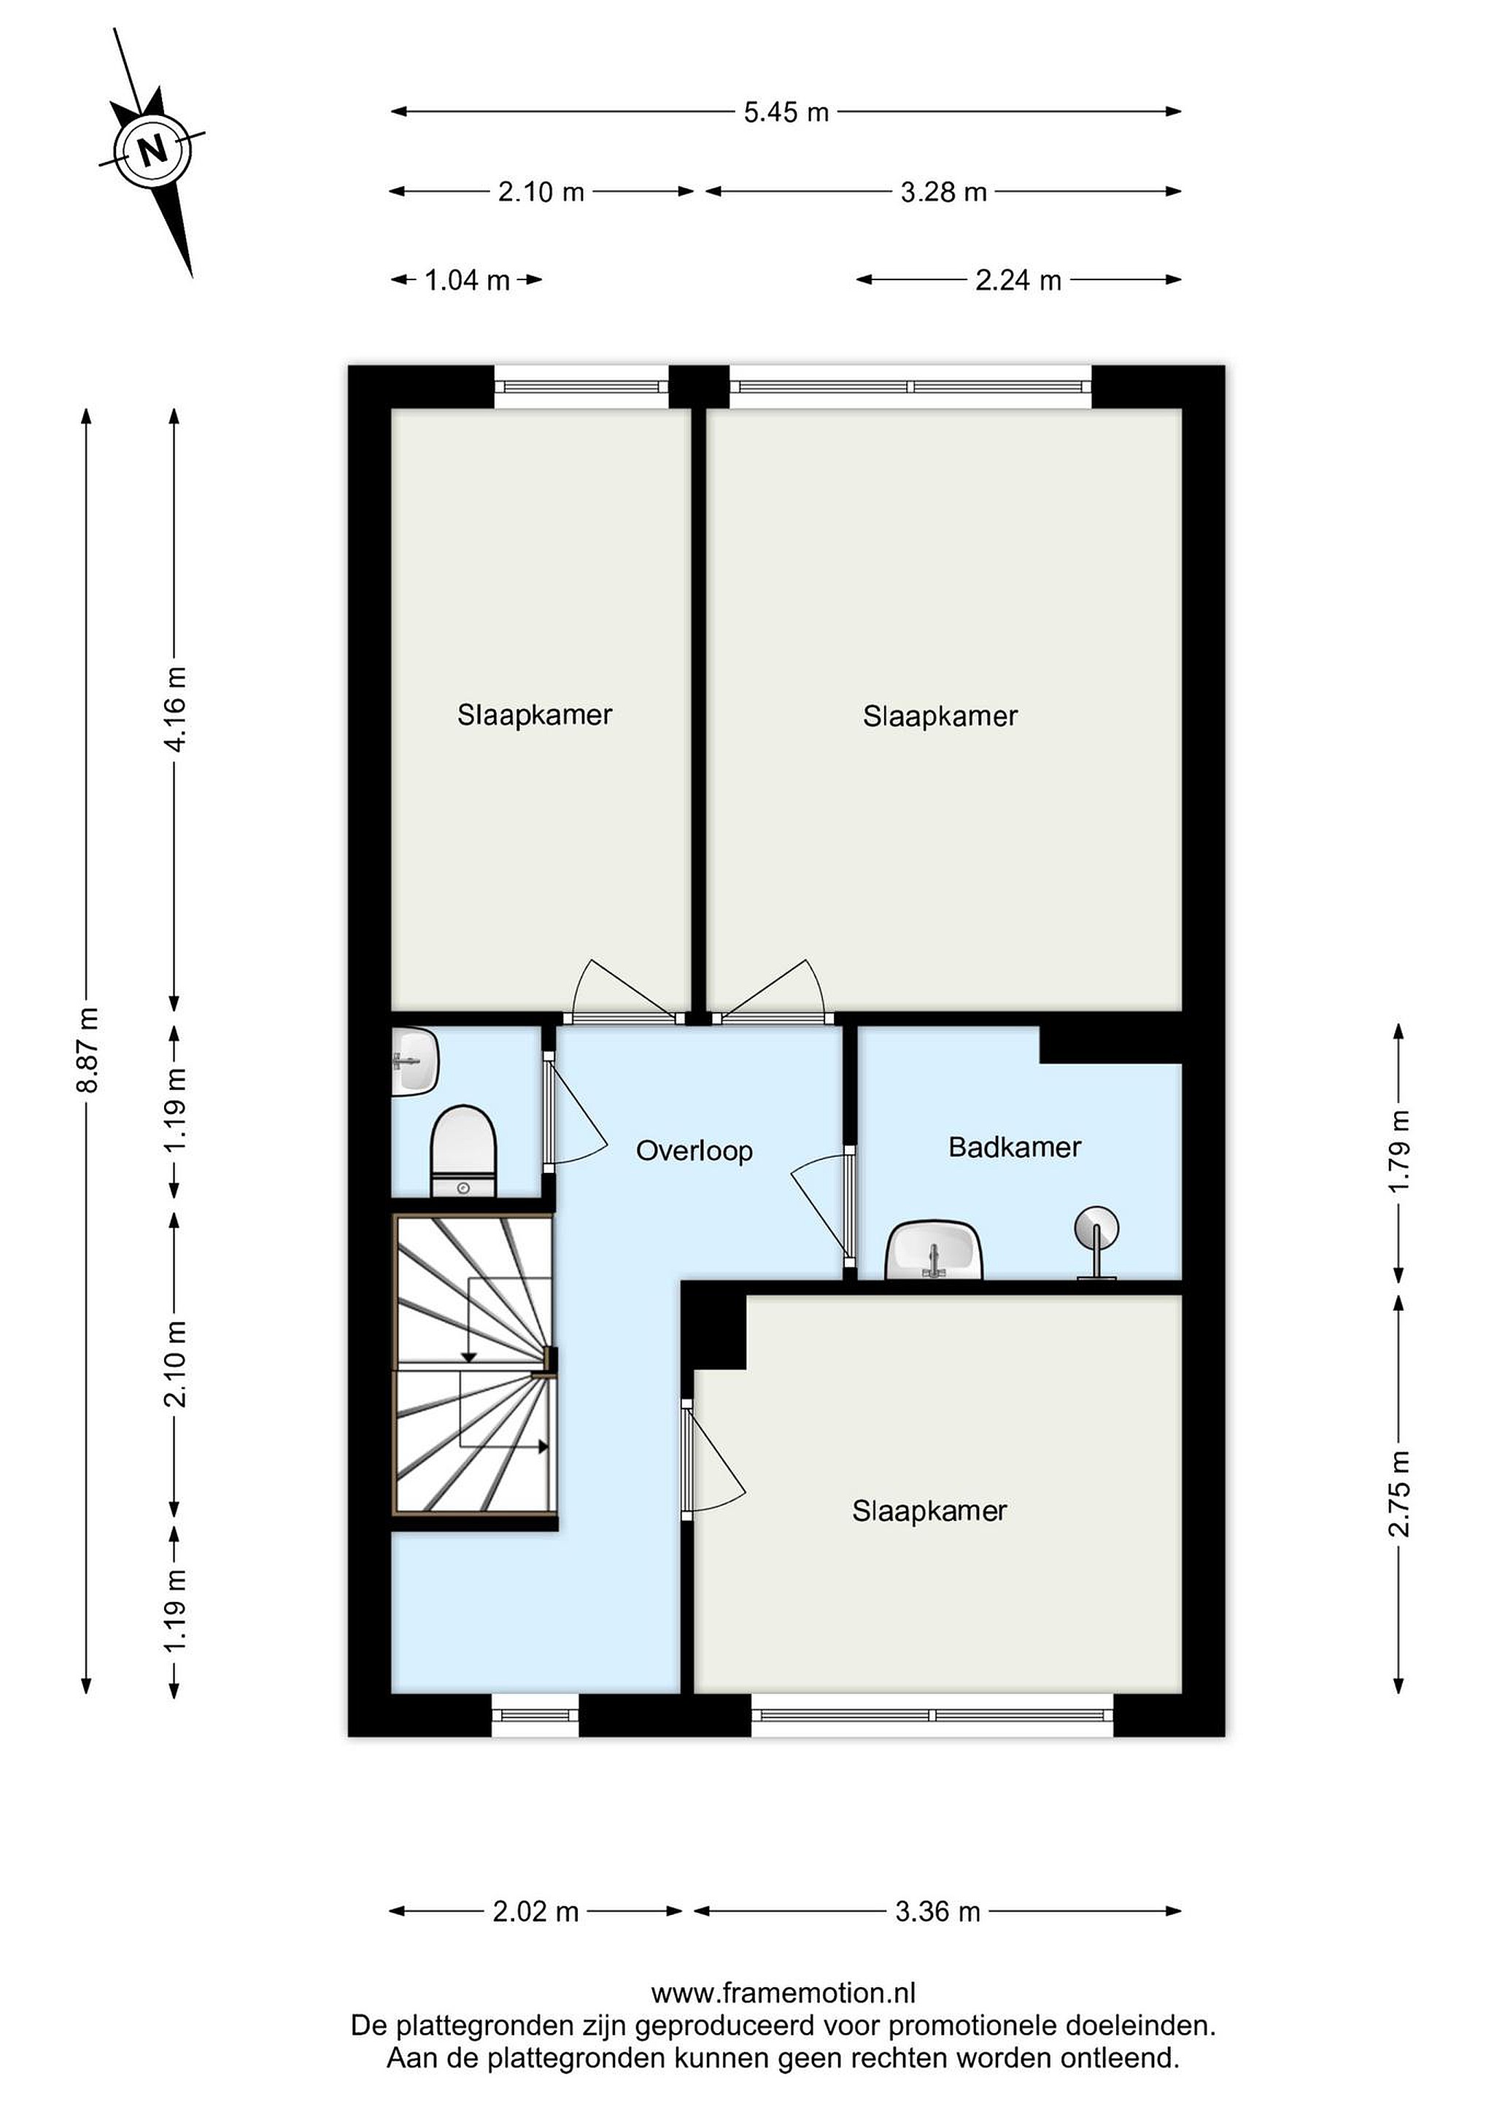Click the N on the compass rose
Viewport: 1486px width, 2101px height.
[152, 148]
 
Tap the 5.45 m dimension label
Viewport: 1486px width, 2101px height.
[786, 112]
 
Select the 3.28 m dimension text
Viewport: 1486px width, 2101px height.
[943, 192]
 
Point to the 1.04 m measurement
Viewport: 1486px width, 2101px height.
[467, 280]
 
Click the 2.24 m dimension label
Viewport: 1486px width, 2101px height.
[1018, 280]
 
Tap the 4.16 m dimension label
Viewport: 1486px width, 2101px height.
[175, 709]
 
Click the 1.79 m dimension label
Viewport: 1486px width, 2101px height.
[1399, 1150]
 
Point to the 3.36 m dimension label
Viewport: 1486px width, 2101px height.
[938, 1911]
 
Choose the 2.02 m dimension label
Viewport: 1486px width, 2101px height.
[535, 1911]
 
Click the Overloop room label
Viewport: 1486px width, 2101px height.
[694, 1150]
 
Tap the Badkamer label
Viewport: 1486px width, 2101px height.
[1015, 1147]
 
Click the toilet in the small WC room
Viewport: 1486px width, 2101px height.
[463, 1150]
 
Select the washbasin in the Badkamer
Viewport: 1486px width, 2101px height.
[933, 1250]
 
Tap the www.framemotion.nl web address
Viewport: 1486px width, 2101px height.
[783, 1993]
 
